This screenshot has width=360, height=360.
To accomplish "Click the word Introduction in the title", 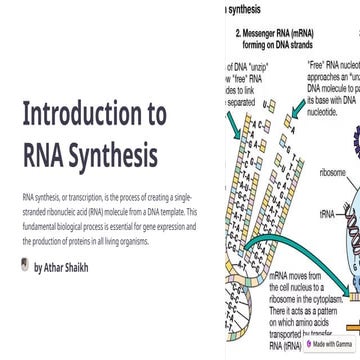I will (95, 111).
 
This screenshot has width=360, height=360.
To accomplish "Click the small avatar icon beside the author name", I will (25, 266).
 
